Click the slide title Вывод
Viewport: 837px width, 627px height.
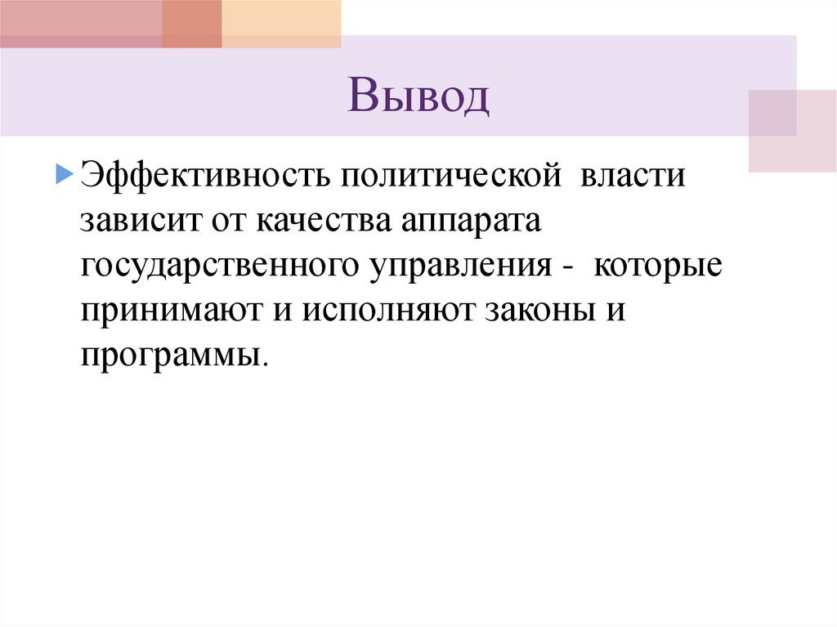(x=418, y=97)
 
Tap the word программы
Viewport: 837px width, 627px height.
(x=171, y=358)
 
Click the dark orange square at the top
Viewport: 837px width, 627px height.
(x=192, y=24)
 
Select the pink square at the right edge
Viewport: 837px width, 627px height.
(x=792, y=131)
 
